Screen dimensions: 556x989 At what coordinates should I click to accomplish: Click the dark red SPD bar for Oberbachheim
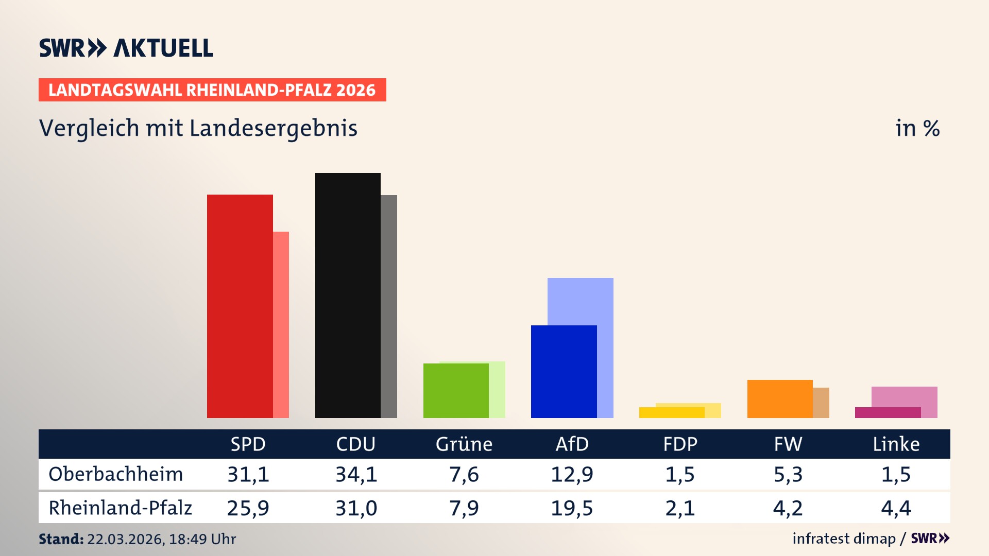[x=240, y=306]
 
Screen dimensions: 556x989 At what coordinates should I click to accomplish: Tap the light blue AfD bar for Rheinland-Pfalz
[x=581, y=301]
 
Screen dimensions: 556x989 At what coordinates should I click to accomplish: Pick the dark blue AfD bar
[x=564, y=371]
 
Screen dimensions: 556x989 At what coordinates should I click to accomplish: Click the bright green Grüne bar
[x=456, y=390]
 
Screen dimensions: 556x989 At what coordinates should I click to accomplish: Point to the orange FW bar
[x=780, y=398]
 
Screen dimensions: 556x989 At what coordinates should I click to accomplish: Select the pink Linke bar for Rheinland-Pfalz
[x=905, y=396]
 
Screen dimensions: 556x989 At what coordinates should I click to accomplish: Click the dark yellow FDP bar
[x=672, y=412]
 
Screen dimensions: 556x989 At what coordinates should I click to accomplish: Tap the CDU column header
[x=355, y=444]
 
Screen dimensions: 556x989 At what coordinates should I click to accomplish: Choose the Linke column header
[x=896, y=444]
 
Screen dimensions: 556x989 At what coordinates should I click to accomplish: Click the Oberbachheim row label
[x=116, y=474]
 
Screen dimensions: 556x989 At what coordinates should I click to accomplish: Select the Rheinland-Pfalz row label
[x=120, y=508]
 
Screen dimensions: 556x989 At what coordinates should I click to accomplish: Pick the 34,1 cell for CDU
[x=356, y=474]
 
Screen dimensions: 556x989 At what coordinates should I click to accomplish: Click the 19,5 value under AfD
[x=572, y=508]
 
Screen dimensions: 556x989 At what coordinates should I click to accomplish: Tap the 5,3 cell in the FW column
[x=788, y=474]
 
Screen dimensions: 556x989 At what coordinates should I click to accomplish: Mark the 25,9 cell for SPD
[x=248, y=508]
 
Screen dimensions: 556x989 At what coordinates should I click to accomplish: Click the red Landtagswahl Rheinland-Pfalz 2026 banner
[x=212, y=90]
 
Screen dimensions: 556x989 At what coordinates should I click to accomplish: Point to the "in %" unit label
[x=917, y=128]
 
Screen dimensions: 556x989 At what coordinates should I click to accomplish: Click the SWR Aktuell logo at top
[x=126, y=48]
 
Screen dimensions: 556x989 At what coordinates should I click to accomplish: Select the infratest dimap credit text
[x=844, y=538]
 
